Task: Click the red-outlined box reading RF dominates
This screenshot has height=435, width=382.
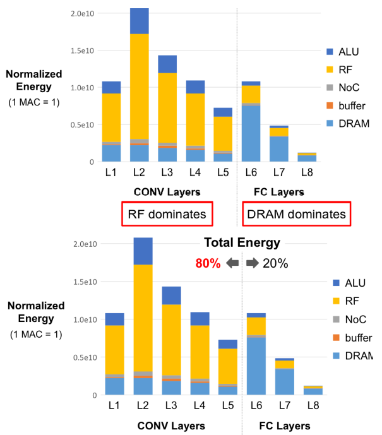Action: pos(167,215)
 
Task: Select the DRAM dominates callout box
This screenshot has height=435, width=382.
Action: pos(295,215)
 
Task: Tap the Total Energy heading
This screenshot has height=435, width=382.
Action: pos(242,242)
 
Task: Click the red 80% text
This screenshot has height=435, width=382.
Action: pos(208,263)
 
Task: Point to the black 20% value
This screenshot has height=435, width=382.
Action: pos(275,263)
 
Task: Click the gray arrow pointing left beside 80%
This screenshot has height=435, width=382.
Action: pos(232,263)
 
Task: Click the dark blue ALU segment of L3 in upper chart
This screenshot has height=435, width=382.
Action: pos(167,64)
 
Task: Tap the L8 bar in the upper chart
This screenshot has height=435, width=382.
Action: pos(307,157)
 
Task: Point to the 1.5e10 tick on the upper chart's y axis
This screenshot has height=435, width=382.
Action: pos(81,50)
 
